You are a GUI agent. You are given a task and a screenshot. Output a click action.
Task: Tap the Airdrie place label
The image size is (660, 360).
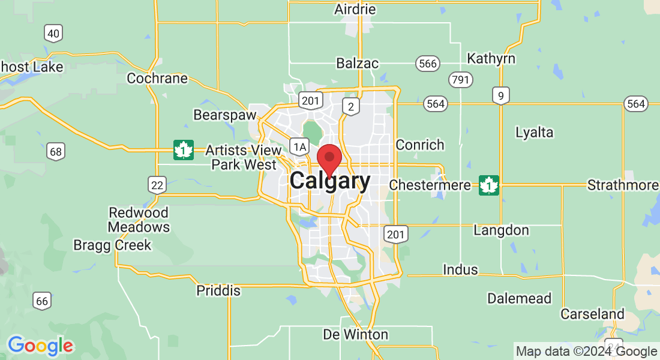(355, 9)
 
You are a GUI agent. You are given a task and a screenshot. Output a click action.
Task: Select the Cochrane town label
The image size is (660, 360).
(157, 78)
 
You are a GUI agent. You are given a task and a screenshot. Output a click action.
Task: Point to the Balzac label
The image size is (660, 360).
(357, 63)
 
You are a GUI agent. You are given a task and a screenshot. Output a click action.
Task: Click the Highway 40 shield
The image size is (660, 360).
(53, 34)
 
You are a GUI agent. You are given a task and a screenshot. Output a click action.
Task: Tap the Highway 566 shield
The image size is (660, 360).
(427, 64)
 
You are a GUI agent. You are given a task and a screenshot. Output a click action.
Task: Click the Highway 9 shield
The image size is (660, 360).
(500, 95)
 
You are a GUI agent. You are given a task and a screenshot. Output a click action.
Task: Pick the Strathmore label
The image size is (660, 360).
(622, 185)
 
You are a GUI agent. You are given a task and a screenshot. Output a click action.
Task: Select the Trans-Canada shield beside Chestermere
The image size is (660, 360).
(489, 185)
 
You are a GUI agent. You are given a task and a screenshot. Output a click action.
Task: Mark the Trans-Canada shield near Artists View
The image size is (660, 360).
(183, 149)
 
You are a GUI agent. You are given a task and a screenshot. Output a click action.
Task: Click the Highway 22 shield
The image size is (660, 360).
(157, 184)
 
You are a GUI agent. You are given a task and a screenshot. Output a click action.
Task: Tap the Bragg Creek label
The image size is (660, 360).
(112, 245)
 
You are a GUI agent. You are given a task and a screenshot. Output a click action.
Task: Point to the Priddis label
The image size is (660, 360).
(218, 291)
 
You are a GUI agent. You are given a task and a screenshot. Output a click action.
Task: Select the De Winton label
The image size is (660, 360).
(355, 334)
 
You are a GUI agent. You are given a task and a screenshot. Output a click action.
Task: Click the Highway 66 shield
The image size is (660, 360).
(41, 301)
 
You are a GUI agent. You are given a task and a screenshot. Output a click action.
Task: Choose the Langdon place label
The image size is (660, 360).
(501, 230)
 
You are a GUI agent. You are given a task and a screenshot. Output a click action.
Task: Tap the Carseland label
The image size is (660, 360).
(592, 314)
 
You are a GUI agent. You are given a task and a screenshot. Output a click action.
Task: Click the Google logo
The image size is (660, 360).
(40, 346)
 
